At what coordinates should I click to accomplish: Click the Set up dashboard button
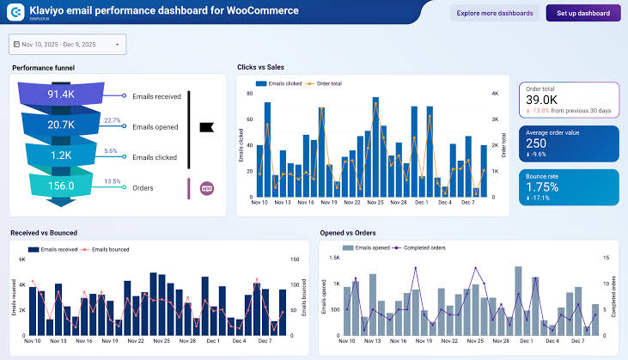(x=582, y=14)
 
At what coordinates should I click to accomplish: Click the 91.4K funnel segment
(x=62, y=95)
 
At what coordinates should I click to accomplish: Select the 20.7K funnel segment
(x=62, y=125)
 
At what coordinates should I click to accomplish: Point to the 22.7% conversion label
(x=112, y=120)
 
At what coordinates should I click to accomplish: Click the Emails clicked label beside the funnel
(x=155, y=157)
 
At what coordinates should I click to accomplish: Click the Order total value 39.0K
(x=542, y=101)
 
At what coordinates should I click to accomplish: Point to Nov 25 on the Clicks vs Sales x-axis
(x=375, y=203)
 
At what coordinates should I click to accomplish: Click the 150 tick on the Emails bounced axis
(x=295, y=260)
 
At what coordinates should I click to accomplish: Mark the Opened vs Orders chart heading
(x=349, y=232)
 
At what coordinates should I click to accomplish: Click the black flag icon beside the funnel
(x=206, y=127)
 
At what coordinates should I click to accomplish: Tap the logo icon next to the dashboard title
(x=15, y=13)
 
